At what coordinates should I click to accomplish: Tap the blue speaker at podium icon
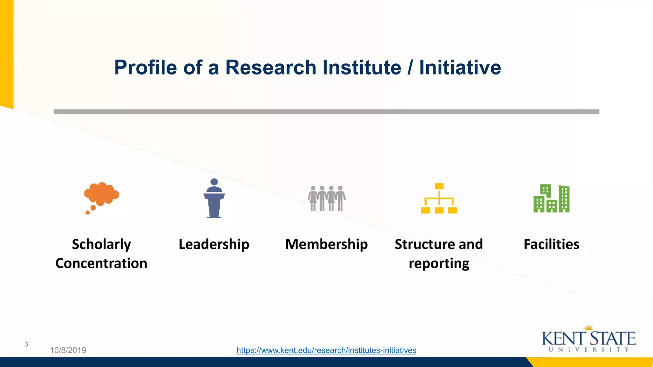[214, 199]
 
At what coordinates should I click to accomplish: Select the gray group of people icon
[326, 198]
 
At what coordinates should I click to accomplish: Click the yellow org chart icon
[439, 199]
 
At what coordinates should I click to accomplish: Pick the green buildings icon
[552, 198]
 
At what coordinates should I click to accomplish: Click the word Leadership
[214, 244]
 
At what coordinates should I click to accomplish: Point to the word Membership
[326, 244]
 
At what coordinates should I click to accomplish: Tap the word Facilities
[552, 244]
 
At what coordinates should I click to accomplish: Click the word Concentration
[101, 263]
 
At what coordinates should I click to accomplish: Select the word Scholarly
[101, 244]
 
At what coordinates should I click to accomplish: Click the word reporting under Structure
[439, 263]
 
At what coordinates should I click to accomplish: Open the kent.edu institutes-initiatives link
[326, 350]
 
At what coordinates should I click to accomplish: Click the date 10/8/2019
[68, 350]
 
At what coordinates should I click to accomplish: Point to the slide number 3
[26, 344]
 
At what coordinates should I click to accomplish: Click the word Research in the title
[271, 68]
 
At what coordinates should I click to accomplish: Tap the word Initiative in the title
[460, 68]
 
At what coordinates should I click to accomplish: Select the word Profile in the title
[145, 68]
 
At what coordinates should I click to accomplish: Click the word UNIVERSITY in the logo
[589, 350]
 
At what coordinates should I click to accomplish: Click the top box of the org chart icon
[439, 186]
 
